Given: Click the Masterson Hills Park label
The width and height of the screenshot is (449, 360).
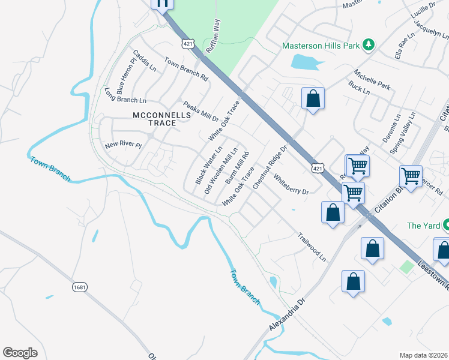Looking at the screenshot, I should (x=321, y=46).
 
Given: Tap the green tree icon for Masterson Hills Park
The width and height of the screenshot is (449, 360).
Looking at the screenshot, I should (x=369, y=46).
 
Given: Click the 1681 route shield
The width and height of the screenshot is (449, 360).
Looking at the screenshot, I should (x=80, y=287).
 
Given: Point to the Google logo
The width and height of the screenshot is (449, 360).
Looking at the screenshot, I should (x=20, y=352).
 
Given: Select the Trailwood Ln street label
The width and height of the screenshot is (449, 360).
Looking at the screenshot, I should (x=312, y=247).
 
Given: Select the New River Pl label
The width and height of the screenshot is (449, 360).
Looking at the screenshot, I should (x=122, y=145).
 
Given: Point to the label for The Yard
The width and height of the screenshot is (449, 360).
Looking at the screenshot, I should (x=423, y=226).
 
